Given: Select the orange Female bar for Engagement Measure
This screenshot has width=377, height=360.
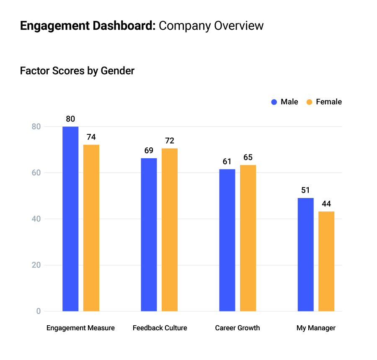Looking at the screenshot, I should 91,228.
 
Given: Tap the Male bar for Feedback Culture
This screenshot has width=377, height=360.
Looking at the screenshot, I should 149,234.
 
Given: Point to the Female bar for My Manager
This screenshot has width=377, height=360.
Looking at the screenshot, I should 326,261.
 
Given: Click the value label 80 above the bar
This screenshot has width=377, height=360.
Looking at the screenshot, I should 70,119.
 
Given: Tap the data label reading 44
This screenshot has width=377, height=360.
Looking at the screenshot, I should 326,204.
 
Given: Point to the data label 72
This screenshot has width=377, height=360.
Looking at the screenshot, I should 170,141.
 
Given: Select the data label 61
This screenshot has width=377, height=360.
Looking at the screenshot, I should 227,162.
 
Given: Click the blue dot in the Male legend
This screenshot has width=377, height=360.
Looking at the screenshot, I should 274,102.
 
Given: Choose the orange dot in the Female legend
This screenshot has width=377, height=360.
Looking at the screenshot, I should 310,102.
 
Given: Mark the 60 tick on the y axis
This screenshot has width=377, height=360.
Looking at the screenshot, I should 36,172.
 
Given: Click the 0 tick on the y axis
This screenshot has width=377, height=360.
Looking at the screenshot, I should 38,311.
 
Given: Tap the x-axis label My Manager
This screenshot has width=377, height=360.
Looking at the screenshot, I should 316,328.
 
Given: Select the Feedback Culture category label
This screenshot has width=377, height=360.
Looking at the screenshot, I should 160,328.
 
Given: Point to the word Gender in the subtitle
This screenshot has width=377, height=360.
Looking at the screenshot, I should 117,71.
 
